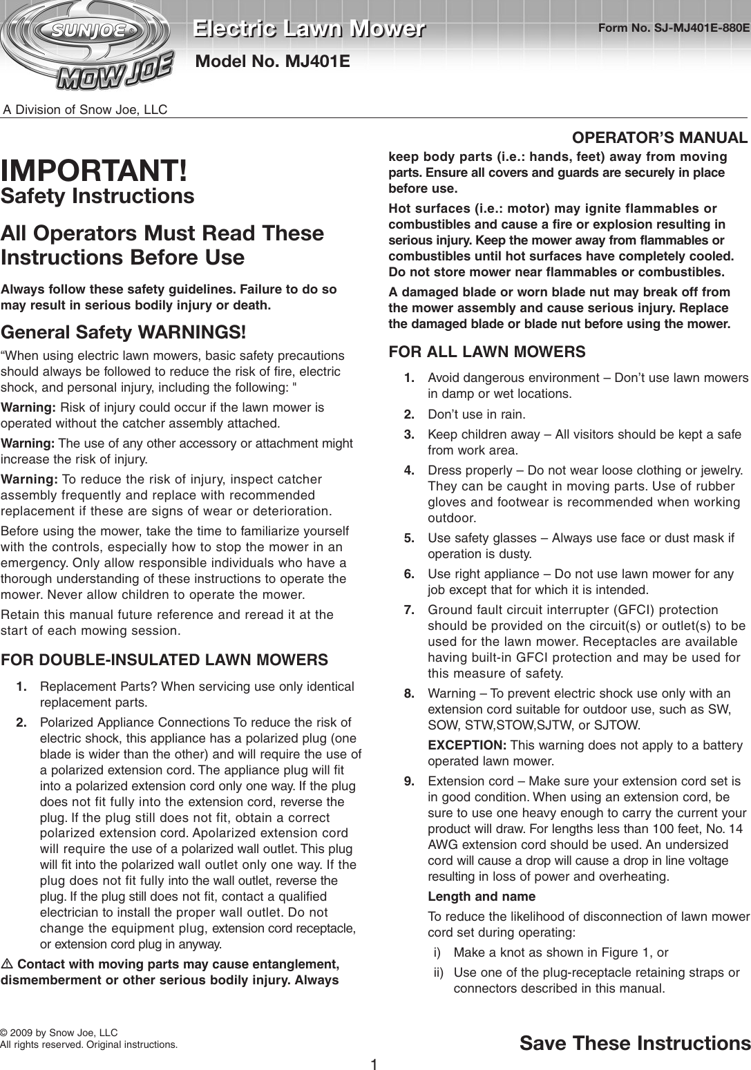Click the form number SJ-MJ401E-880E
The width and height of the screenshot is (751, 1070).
coord(674,28)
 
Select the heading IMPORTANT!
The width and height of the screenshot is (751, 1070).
coord(94,170)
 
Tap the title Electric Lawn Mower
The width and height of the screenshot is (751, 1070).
coord(308,29)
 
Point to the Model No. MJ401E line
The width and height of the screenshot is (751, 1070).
coord(273,61)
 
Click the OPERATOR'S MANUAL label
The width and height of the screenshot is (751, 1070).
coord(660,137)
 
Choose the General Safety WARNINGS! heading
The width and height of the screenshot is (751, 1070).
coord(124,332)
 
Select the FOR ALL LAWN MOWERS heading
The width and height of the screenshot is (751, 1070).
coord(487,352)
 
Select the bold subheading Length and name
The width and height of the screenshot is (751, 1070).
coord(482,897)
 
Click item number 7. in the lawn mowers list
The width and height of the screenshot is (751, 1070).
coord(409,609)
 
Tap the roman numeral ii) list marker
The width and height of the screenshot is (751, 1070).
coord(438,973)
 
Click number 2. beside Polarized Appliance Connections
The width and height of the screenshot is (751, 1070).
coord(22,723)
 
